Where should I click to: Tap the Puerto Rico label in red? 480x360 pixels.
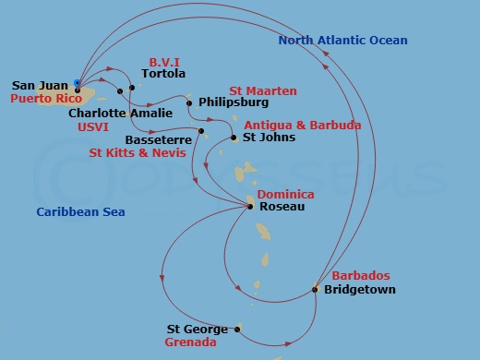tap(42, 97)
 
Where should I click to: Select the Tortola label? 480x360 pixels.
tap(162, 74)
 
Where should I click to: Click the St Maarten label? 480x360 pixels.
tap(263, 91)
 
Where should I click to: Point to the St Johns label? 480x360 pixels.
tap(269, 138)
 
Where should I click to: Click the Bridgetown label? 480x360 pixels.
tap(360, 290)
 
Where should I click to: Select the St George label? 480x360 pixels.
tap(197, 329)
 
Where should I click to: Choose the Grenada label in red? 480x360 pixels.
tap(190, 342)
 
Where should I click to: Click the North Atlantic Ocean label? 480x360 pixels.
tap(342, 41)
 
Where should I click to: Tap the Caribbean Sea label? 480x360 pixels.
tap(80, 212)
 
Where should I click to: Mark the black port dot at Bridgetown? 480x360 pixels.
tap(316, 289)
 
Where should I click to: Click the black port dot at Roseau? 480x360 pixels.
tap(251, 207)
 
